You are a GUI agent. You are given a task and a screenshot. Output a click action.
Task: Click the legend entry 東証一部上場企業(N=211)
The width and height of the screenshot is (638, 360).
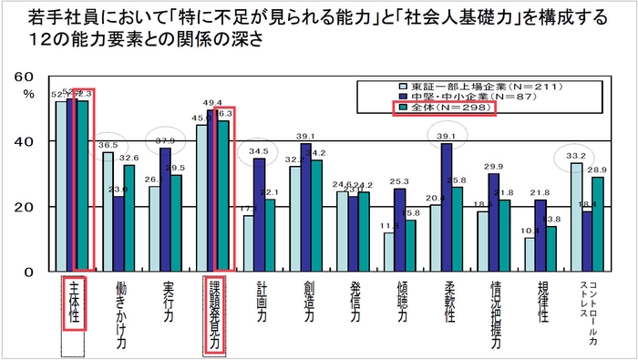441,86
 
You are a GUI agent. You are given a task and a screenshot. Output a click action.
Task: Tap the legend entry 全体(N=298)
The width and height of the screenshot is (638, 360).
441,108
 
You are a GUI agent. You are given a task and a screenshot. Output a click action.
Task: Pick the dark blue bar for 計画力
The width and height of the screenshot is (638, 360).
260,215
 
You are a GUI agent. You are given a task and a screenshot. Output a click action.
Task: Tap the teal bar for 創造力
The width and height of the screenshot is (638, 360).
318,216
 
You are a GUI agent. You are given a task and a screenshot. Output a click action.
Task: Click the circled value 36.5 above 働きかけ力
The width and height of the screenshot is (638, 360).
108,145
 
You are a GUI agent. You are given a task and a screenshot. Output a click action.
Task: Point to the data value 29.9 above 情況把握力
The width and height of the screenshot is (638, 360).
493,167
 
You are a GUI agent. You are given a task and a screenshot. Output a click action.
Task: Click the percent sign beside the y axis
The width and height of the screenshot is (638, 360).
27,92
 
